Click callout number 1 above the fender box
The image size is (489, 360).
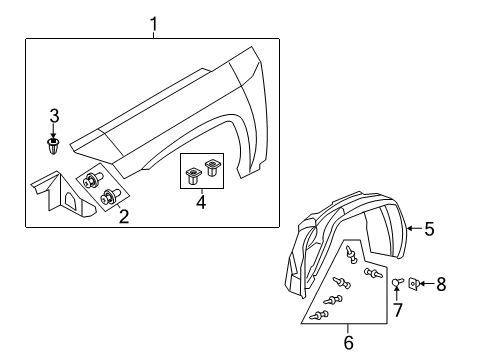point(153,23)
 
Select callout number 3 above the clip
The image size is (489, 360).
point(55,115)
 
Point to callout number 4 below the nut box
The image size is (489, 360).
point(200,203)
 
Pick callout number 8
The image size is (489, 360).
point(440,285)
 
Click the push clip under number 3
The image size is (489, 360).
point(55,148)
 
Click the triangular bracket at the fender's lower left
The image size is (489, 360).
point(59,194)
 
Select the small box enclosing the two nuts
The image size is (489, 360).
point(201,172)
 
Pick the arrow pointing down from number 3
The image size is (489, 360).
point(55,129)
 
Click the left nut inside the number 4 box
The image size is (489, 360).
point(191,177)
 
